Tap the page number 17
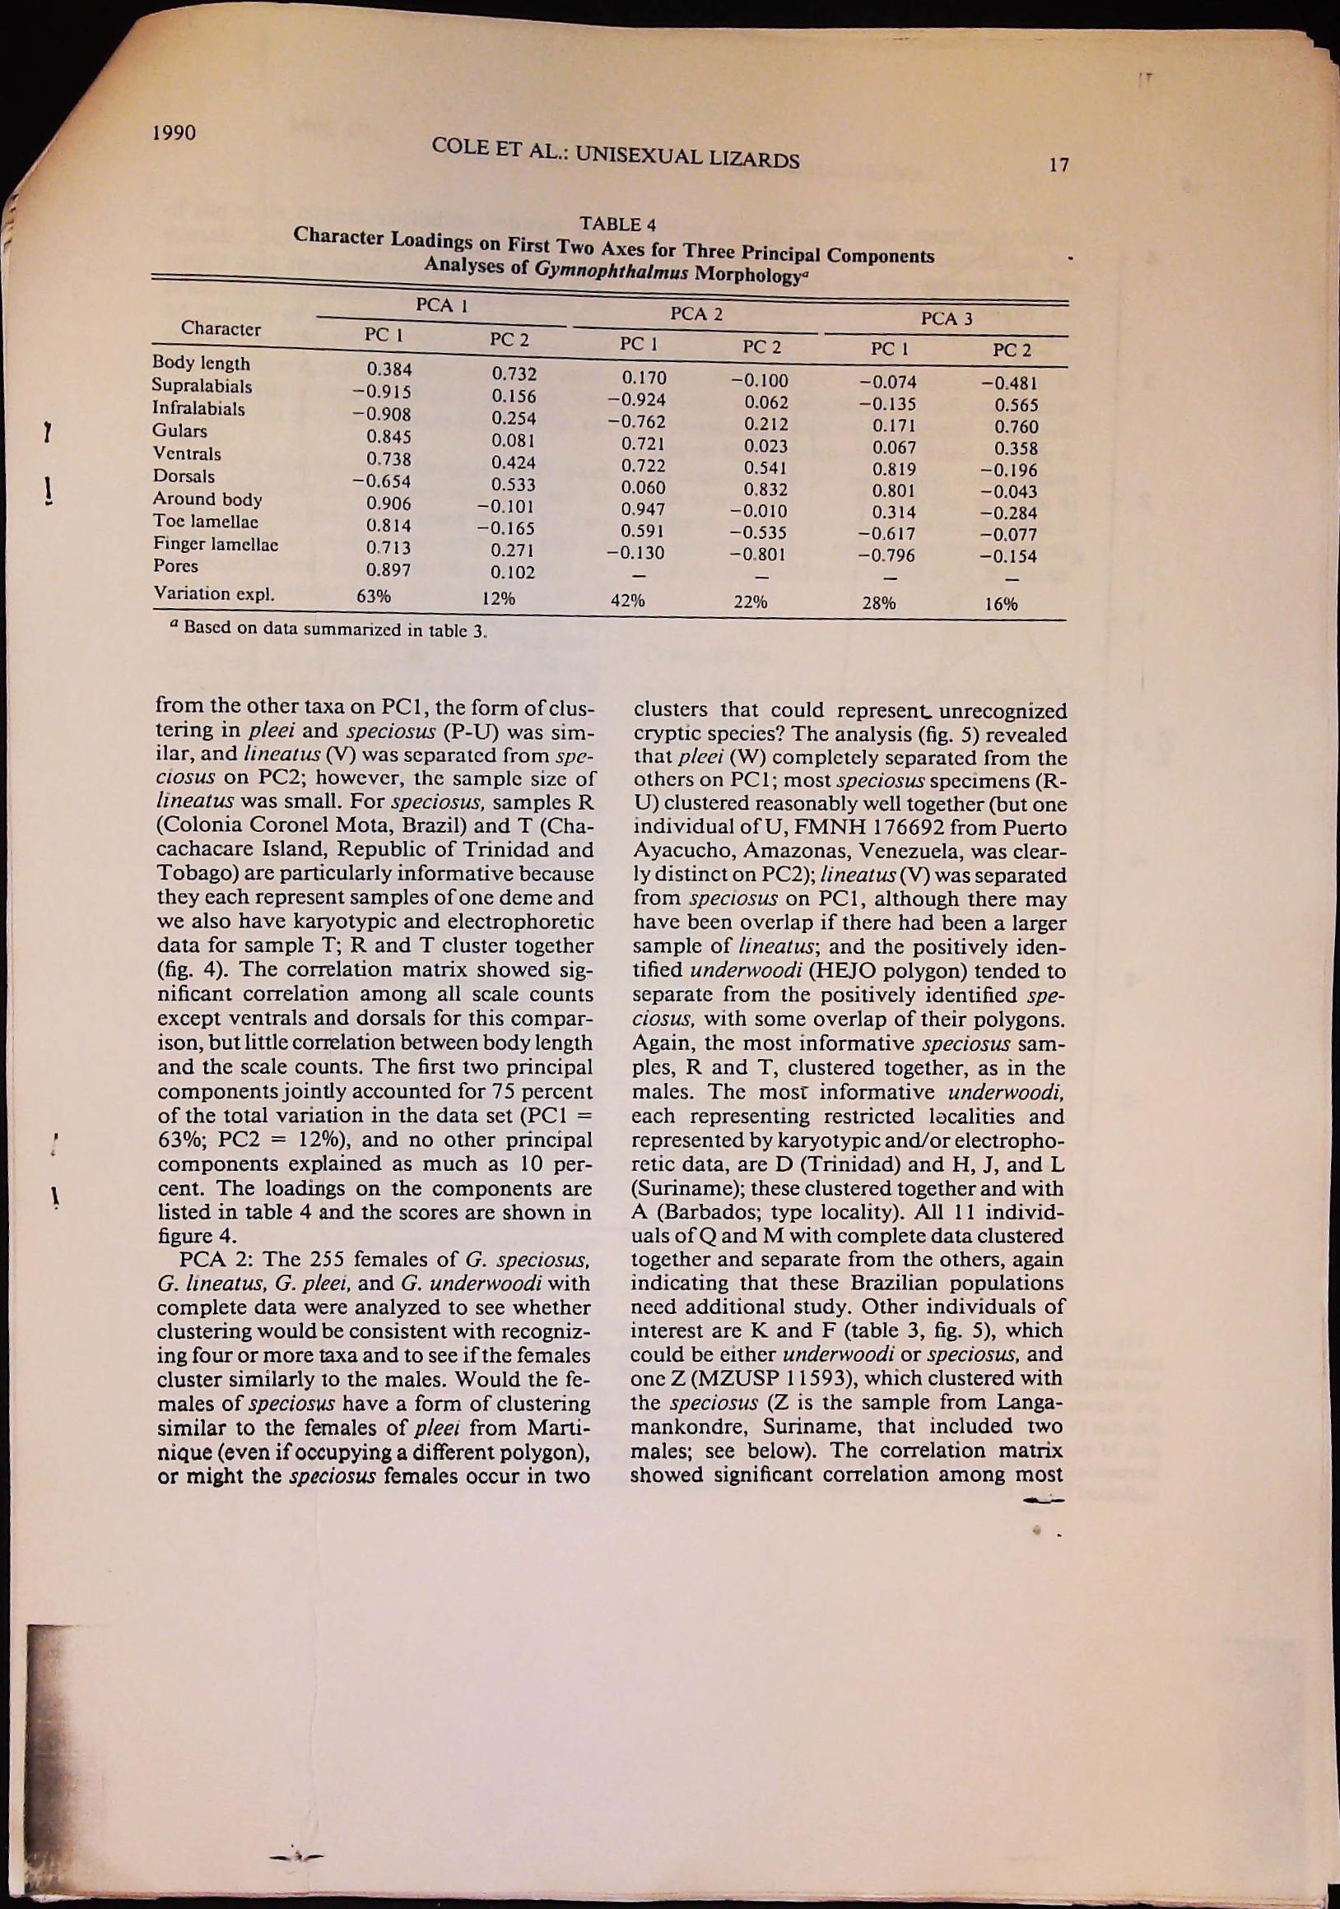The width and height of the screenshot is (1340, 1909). pos(1058,165)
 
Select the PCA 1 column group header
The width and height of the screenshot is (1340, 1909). pos(442,304)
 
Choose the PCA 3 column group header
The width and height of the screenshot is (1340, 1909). pos(947,318)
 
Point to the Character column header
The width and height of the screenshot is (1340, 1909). pos(221,328)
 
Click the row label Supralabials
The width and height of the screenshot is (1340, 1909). pos(202,386)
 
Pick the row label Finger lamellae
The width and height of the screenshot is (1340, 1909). pos(215,545)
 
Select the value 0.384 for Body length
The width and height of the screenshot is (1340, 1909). pos(389,369)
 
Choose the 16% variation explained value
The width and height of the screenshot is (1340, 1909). pos(1001,606)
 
